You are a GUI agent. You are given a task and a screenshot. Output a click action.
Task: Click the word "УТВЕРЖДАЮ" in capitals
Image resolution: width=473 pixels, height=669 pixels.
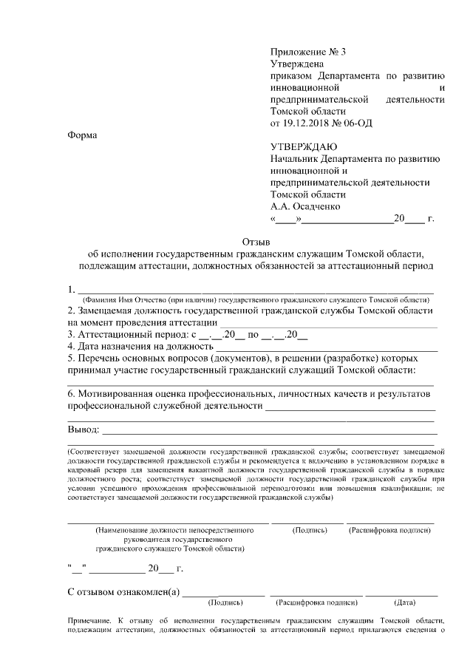[304, 147]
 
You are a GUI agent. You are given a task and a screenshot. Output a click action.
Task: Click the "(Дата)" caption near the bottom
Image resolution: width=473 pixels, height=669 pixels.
[405, 602]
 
